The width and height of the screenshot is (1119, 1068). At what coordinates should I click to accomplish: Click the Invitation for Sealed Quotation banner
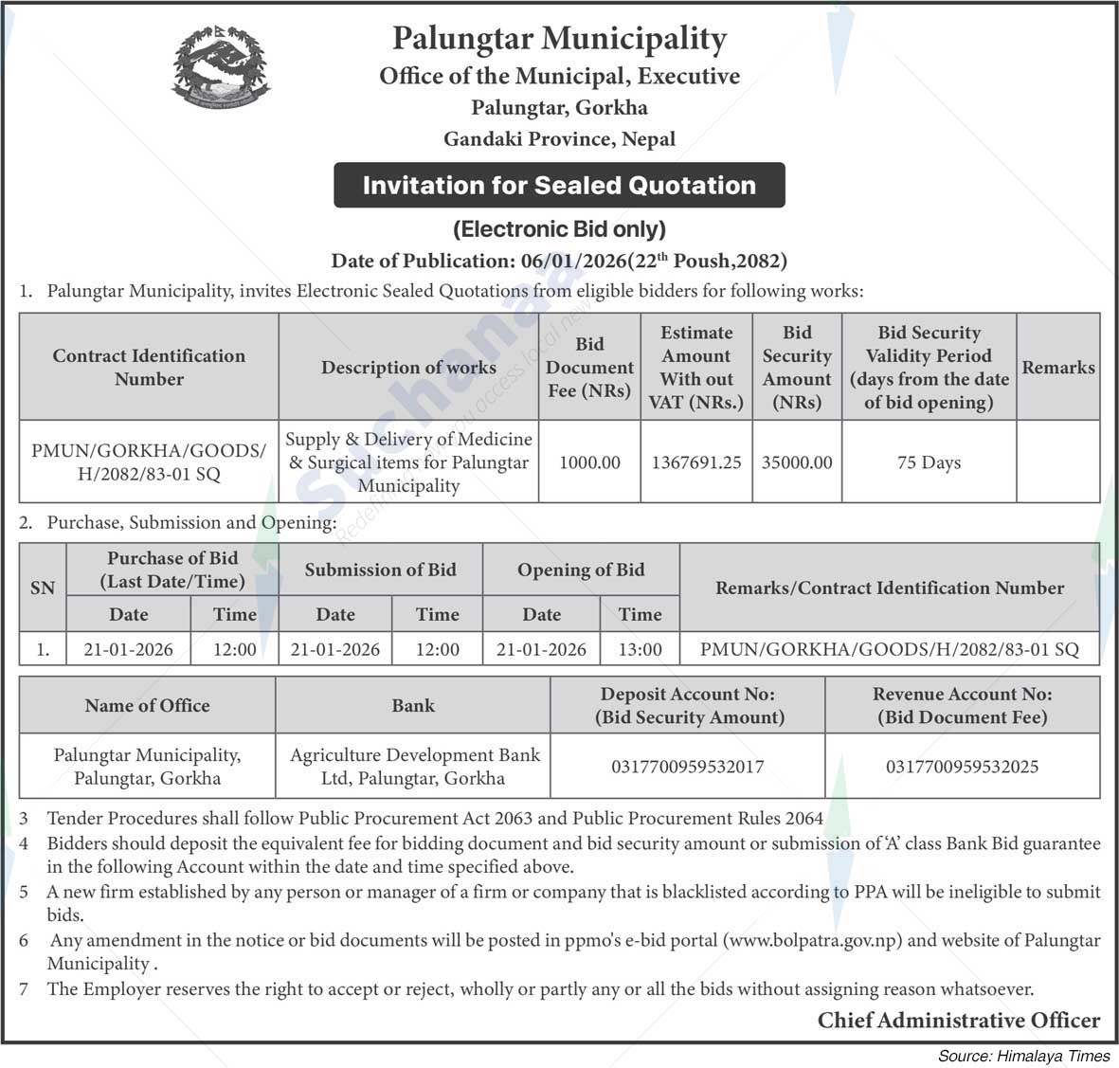pos(559,185)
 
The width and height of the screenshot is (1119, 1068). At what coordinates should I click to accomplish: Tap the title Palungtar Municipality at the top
pos(559,39)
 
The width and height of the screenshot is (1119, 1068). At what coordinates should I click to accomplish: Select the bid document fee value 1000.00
pos(589,462)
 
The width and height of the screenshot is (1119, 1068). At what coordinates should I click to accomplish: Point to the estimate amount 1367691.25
pos(696,462)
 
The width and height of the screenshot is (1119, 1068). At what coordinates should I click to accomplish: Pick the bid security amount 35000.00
pos(797,462)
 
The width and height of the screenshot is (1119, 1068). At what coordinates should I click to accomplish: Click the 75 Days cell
pos(929,462)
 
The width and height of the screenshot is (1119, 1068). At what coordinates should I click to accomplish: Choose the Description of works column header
pos(408,368)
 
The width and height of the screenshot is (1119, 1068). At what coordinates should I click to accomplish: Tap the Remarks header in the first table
pos(1057,368)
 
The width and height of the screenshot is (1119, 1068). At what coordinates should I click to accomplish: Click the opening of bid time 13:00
pos(641,650)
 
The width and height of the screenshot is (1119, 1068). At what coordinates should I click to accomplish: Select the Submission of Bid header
pos(380,570)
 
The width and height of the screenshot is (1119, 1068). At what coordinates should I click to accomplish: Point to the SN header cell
pos(43,588)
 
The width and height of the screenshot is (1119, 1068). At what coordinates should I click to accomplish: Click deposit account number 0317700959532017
pos(688,767)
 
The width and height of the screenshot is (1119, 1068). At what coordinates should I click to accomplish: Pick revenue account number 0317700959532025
pos(962,767)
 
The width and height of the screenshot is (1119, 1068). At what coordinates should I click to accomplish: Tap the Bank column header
pos(413,705)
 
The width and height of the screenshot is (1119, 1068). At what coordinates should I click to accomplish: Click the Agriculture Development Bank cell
pos(414,767)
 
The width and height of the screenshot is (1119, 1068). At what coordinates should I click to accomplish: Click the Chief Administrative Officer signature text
pos(959,1021)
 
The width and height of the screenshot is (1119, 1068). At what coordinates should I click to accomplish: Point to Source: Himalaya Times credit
pos(1023,1056)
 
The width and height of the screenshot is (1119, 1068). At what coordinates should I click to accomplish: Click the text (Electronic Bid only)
pos(559,229)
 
